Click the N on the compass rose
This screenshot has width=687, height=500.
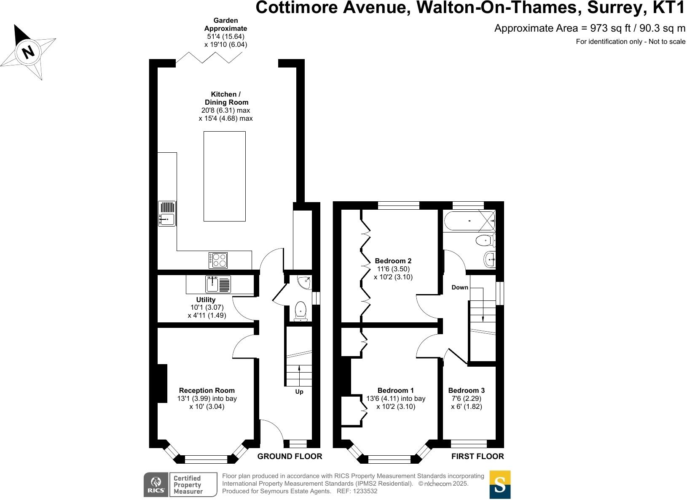tap(28, 52)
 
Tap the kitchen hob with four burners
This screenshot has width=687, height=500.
tap(218, 260)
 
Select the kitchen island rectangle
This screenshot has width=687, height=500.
tap(225, 176)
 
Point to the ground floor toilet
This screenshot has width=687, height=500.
tap(301, 310)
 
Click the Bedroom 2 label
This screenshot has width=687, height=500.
tap(393, 261)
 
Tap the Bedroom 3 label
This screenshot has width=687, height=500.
tap(466, 390)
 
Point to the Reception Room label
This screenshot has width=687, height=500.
tap(207, 390)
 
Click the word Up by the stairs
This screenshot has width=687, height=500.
tap(299, 392)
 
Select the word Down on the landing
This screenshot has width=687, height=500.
tap(460, 287)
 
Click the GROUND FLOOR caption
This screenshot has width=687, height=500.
tap(290, 456)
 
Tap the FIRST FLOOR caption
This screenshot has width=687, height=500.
tap(477, 456)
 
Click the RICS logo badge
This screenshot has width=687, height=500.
tap(156, 485)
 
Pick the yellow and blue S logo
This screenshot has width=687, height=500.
tap(500, 485)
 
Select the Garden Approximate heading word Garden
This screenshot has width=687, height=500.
tap(225, 20)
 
